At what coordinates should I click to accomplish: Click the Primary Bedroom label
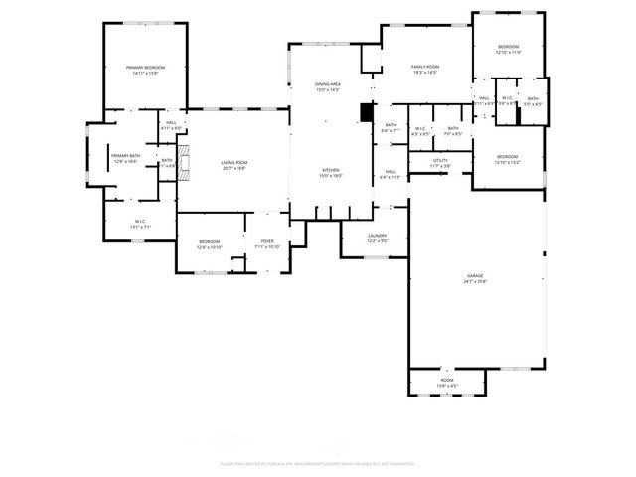(x=145, y=67)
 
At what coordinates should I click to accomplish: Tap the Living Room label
(x=234, y=163)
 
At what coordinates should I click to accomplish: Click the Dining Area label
(x=328, y=84)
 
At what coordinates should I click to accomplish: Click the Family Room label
(x=425, y=67)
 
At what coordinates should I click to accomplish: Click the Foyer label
(x=267, y=241)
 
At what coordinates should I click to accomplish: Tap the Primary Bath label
(x=125, y=156)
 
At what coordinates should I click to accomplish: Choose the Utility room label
(x=439, y=160)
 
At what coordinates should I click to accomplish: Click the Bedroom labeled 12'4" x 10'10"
(x=209, y=241)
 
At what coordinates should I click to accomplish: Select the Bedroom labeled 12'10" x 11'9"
(x=508, y=47)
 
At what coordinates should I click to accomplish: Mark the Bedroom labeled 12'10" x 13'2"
(x=507, y=156)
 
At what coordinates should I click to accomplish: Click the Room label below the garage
(x=447, y=381)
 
